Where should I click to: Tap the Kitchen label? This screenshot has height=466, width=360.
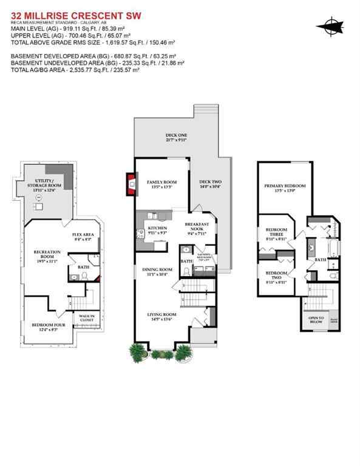click(x=157, y=231)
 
